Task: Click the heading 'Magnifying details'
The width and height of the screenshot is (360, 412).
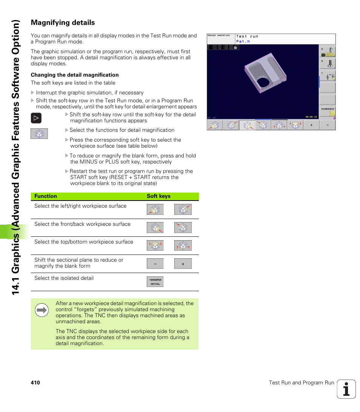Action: coord(63,23)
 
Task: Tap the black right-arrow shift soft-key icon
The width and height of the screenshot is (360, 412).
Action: coord(36,118)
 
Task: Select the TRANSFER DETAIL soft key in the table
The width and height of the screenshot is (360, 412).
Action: coord(155,282)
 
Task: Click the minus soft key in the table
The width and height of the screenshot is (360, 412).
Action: coord(155,264)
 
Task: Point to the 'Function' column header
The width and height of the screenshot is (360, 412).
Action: coord(46,196)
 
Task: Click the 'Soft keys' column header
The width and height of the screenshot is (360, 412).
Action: coord(158,196)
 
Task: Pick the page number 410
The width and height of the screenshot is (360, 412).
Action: coord(35,383)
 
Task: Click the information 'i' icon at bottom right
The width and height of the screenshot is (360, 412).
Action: coord(346,389)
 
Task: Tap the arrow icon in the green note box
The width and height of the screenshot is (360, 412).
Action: coord(42,310)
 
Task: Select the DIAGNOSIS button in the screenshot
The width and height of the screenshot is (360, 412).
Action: coord(327,111)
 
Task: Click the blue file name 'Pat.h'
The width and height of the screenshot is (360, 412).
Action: coord(243,41)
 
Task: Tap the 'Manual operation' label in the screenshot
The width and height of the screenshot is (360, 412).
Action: coord(219,35)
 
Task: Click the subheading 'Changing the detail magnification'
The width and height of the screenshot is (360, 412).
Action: coord(75,75)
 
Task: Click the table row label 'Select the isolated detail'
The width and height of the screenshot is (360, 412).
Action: coord(64,278)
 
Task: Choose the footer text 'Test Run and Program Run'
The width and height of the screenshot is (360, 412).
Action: coord(302,383)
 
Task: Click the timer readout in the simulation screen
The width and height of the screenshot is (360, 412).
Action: coord(311,117)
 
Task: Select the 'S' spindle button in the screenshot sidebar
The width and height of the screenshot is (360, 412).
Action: coord(327,63)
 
